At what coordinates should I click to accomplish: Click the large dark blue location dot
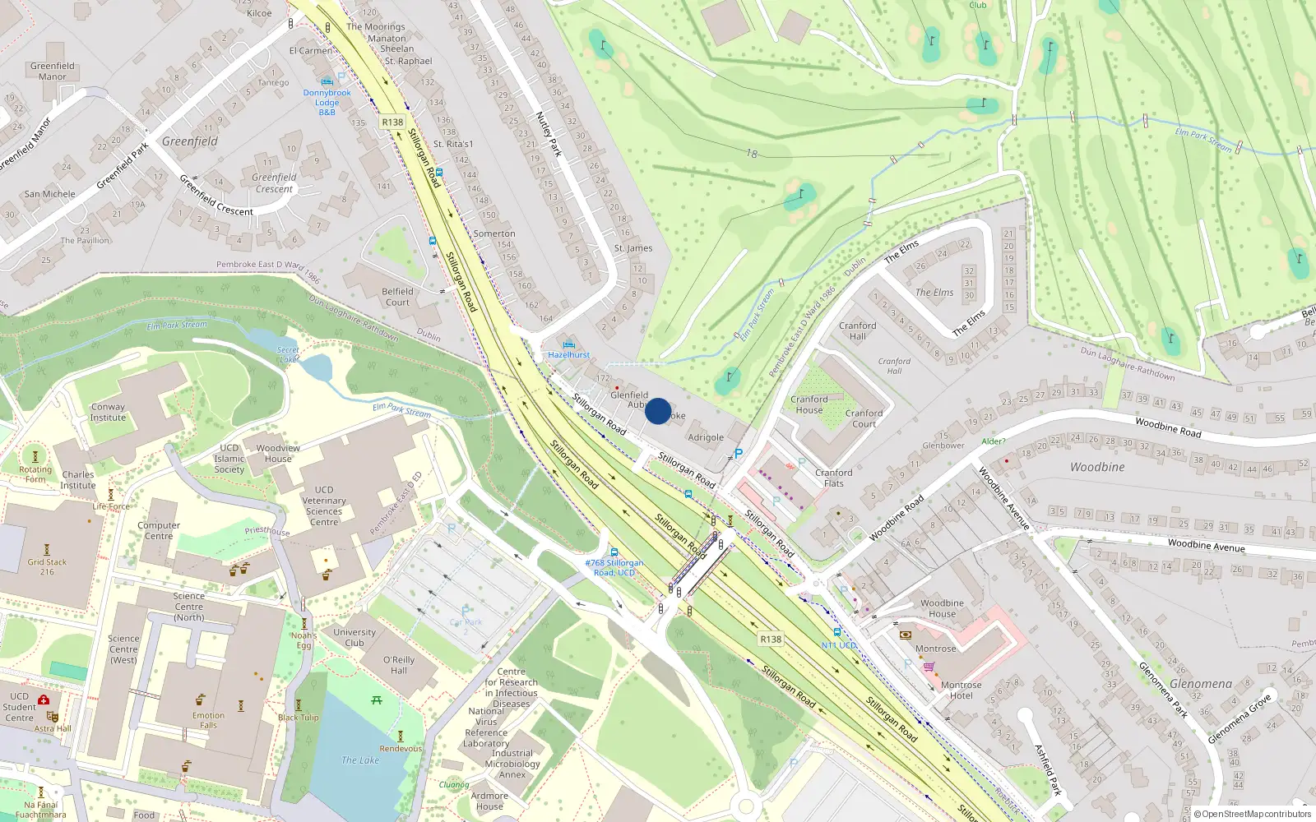658,411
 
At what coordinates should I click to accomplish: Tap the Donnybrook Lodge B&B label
327,103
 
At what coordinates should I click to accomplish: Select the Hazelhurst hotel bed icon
568,344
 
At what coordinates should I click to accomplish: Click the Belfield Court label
397,297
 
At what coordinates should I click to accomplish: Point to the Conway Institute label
108,412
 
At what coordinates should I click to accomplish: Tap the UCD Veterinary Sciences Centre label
324,506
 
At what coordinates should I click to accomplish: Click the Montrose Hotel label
961,690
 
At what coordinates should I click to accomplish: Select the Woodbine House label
942,608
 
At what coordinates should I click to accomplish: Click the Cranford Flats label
833,478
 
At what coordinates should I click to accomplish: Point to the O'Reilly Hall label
399,665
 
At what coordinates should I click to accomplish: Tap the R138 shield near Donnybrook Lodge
392,122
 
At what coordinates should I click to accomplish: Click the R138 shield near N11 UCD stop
771,639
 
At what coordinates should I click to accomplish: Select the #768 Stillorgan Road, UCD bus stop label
614,568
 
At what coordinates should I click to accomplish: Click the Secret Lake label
288,354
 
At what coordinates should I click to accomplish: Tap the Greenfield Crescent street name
216,196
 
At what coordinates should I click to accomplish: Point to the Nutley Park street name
548,134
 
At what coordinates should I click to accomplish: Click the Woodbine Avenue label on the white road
1206,545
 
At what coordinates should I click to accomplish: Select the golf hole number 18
752,154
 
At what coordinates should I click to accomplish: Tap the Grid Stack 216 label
47,567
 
